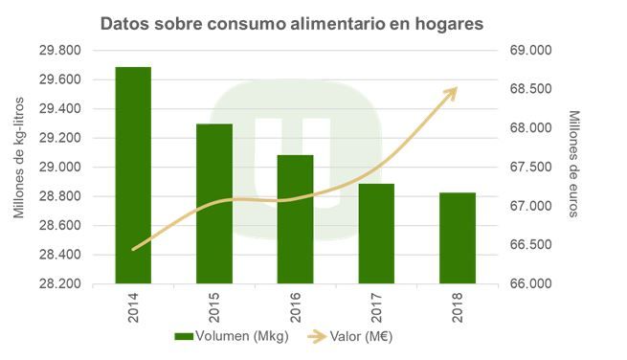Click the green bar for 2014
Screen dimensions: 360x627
point(133,175)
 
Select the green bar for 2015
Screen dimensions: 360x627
point(214,204)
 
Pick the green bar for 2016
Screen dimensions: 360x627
point(296,219)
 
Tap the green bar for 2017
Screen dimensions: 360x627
point(376,234)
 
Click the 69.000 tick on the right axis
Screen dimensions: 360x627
point(527,50)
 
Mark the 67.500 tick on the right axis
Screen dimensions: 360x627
point(527,168)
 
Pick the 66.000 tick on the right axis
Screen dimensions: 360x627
point(527,284)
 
